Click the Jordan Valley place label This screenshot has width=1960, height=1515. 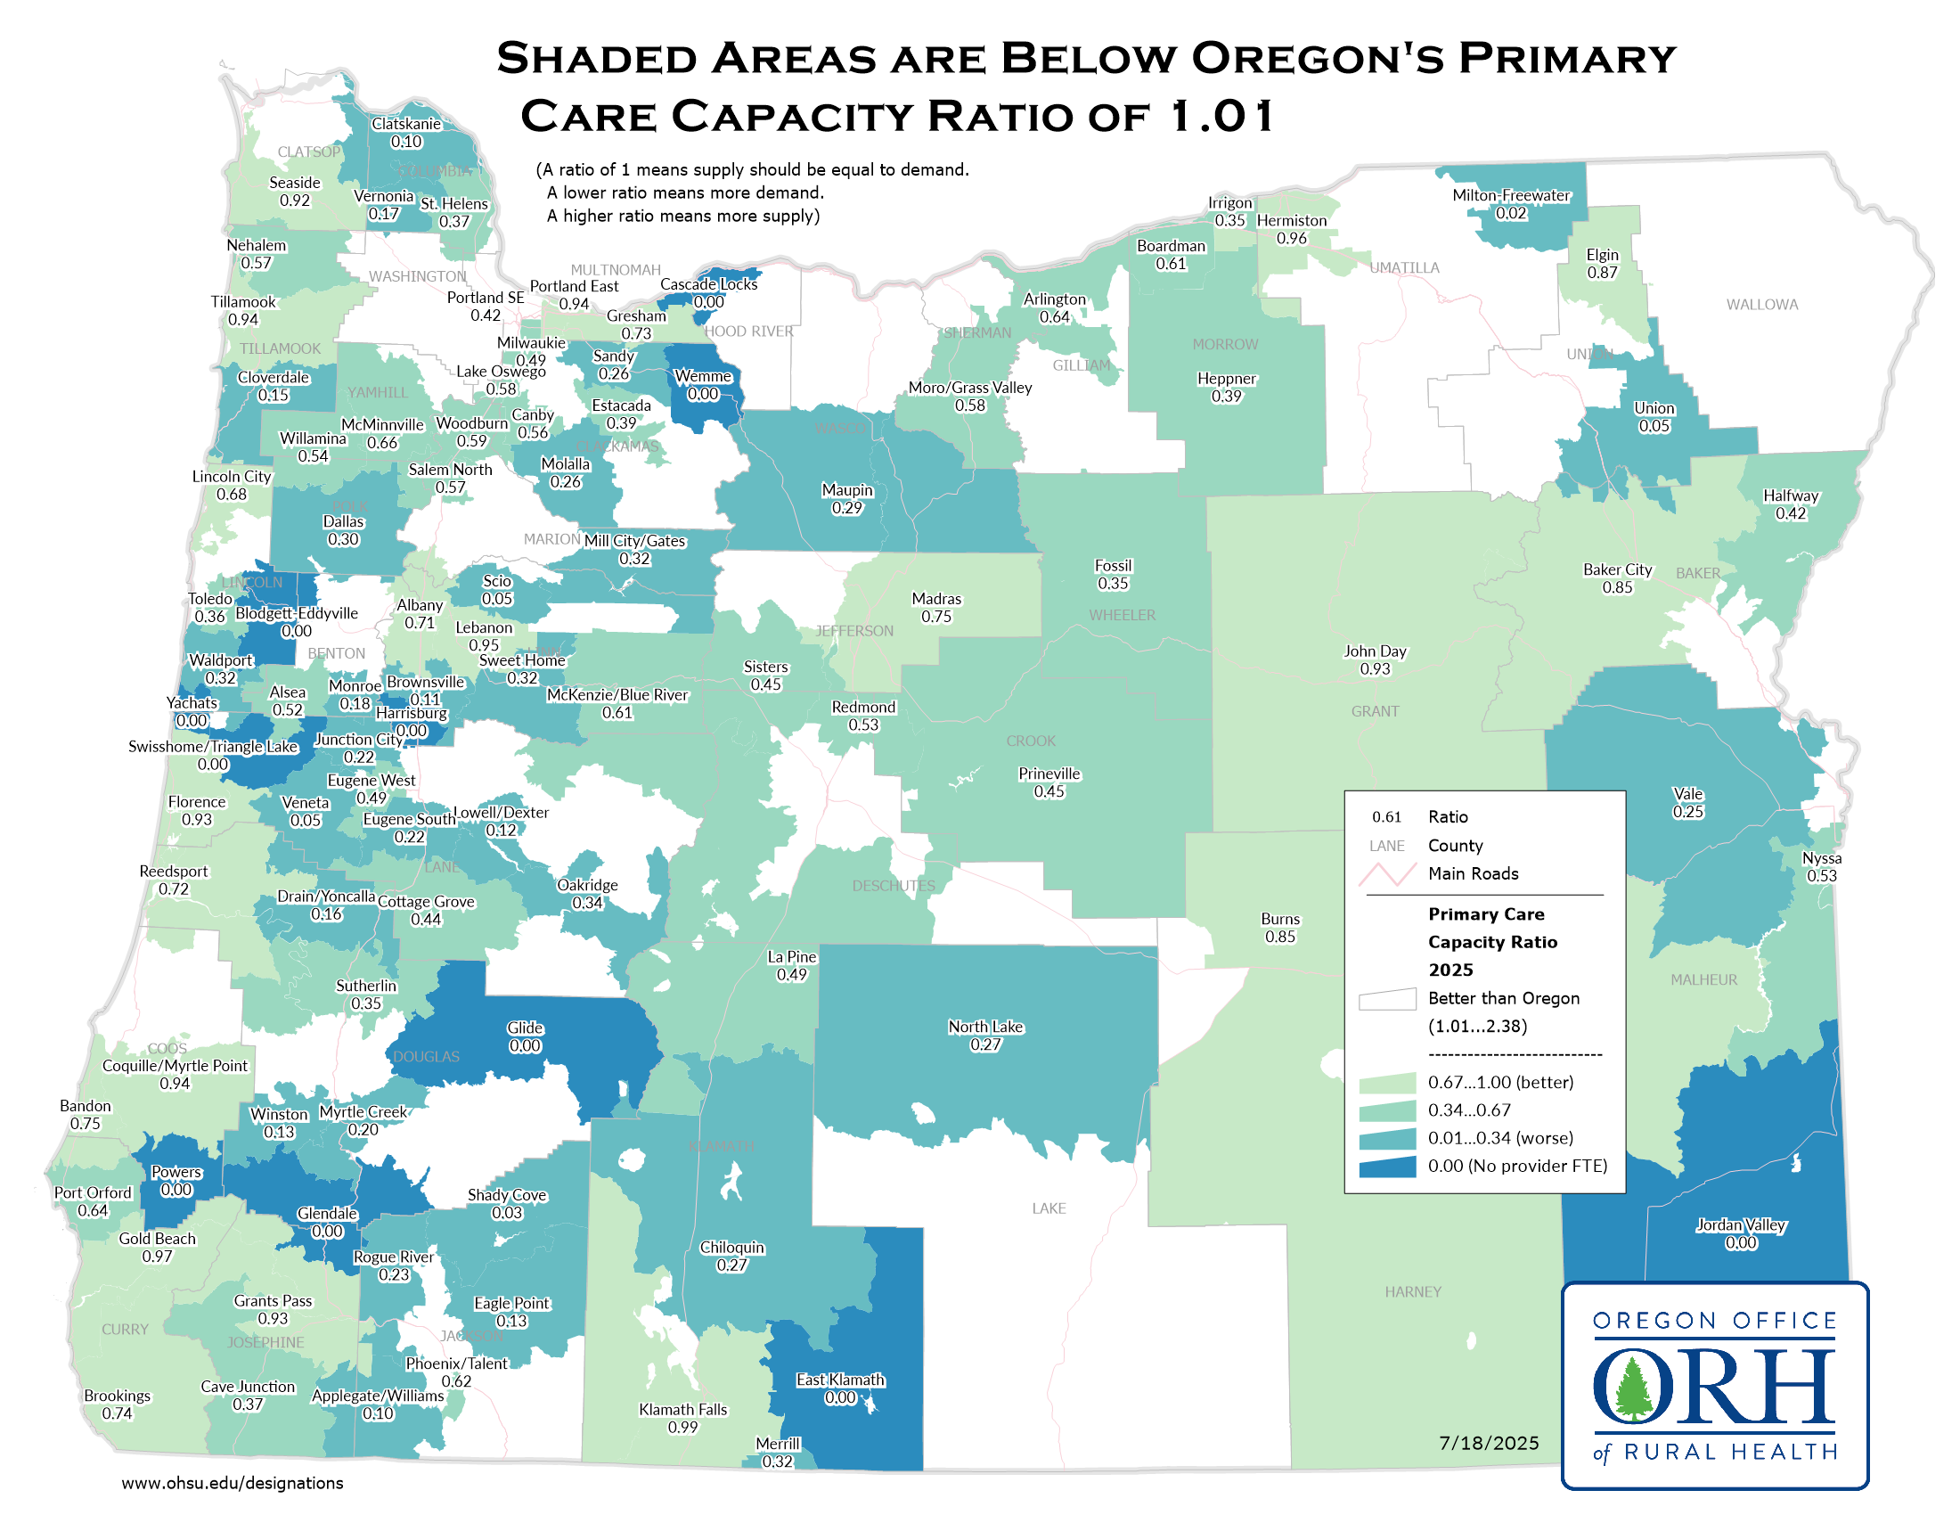click(x=1740, y=1225)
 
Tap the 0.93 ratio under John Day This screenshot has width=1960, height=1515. click(x=1374, y=669)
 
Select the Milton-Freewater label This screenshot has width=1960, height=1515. click(x=1510, y=196)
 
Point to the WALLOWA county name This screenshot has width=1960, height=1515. click(x=1761, y=305)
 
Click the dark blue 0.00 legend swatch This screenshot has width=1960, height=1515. click(x=1386, y=1167)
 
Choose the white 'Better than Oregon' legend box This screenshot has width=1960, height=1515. click(x=1386, y=1000)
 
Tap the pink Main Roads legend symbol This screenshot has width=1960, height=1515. click(x=1386, y=874)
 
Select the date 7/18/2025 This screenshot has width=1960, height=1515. click(x=1489, y=1443)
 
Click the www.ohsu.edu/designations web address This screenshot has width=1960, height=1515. click(x=233, y=1484)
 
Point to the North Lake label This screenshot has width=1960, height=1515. click(x=985, y=1027)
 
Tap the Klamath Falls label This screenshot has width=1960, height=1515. click(x=683, y=1410)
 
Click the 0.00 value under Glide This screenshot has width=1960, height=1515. click(x=525, y=1046)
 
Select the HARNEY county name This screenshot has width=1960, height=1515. click(x=1413, y=1292)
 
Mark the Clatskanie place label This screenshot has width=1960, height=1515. click(x=406, y=124)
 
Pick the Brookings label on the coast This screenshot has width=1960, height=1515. click(x=117, y=1396)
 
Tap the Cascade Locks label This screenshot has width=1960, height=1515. click(x=709, y=284)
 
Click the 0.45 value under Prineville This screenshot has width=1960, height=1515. click(x=1049, y=791)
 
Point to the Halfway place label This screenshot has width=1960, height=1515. click(x=1791, y=496)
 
